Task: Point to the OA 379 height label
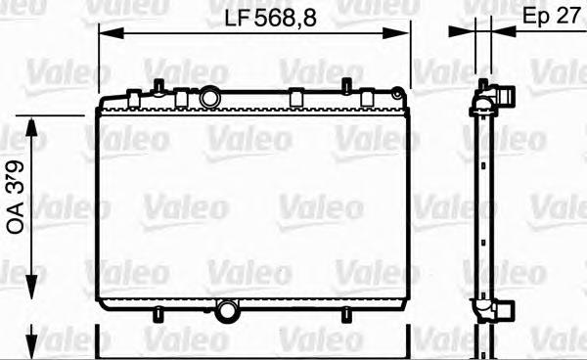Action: pyautogui.click(x=18, y=202)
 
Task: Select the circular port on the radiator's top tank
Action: pyautogui.click(x=210, y=98)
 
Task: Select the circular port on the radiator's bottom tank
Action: pyautogui.click(x=228, y=312)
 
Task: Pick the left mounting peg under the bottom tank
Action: pyautogui.click(x=155, y=314)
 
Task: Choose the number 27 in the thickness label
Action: pyautogui.click(x=568, y=18)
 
